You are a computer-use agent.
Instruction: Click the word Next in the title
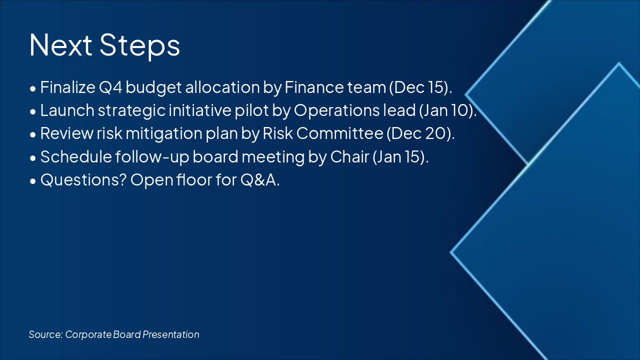(x=60, y=45)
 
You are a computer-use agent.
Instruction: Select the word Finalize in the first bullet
(x=67, y=87)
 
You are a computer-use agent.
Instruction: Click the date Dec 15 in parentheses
(x=419, y=87)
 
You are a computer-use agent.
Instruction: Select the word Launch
(x=67, y=110)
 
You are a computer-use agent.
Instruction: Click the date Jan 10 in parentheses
(x=446, y=110)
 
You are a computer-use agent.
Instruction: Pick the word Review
(x=67, y=133)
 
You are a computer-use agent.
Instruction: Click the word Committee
(x=339, y=133)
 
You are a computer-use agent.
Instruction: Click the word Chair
(x=349, y=156)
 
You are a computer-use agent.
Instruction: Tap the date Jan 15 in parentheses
(x=399, y=157)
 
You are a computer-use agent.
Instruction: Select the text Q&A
(x=258, y=180)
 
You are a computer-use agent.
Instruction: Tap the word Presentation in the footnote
(x=171, y=334)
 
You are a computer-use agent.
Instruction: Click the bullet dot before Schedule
(x=33, y=158)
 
